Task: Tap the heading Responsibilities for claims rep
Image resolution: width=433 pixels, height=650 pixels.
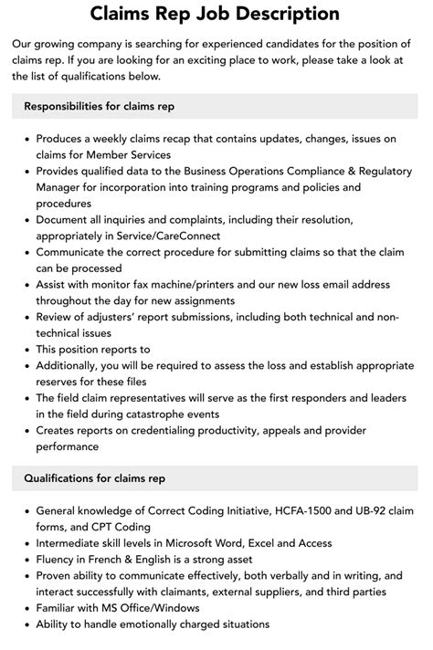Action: coord(100,106)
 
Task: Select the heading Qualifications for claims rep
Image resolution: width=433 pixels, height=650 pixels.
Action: coord(94,477)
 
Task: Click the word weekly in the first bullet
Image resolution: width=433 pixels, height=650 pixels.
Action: coord(118,138)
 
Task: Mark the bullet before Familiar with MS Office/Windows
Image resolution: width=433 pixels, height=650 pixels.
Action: coord(24,607)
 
